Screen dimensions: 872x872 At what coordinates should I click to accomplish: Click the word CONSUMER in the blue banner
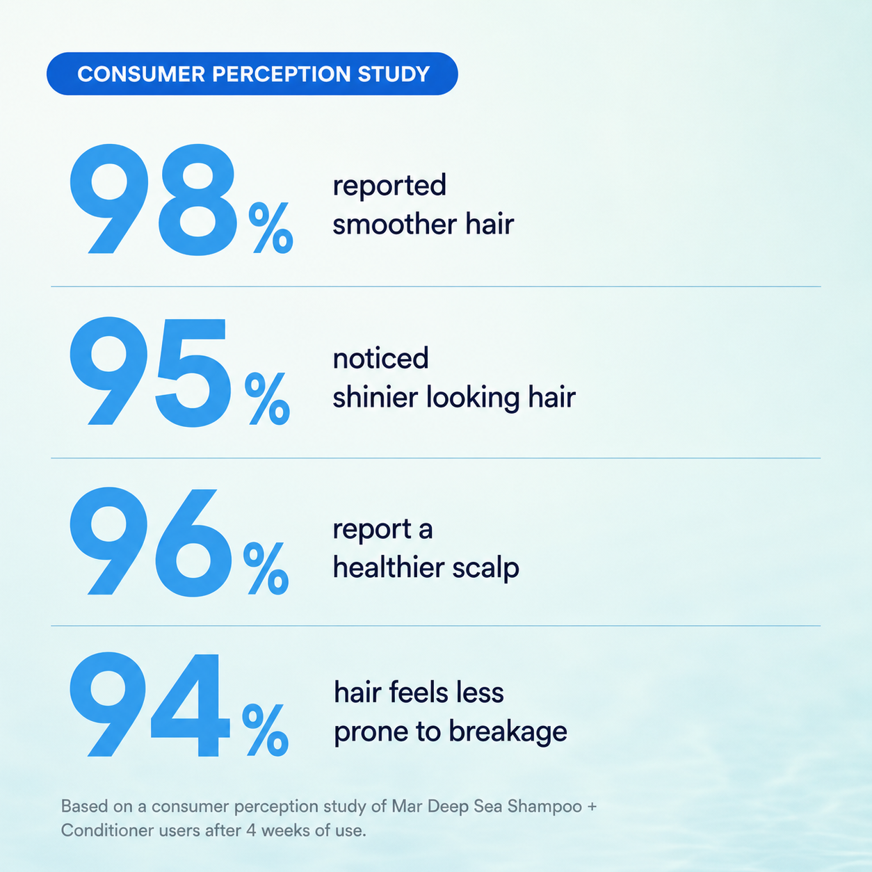click(x=140, y=74)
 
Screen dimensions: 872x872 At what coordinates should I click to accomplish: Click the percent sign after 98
click(x=271, y=227)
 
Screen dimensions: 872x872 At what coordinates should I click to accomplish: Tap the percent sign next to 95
click(x=267, y=399)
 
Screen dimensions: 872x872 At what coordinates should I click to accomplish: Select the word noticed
click(x=380, y=358)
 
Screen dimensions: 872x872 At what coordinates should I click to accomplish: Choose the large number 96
click(x=151, y=542)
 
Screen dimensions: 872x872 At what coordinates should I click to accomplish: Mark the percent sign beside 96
click(x=266, y=570)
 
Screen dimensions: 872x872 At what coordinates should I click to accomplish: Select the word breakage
click(x=508, y=732)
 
